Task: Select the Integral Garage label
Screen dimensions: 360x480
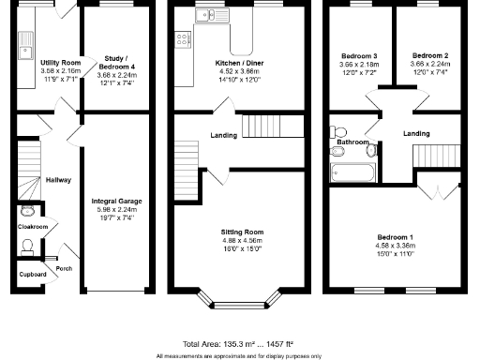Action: point(117,201)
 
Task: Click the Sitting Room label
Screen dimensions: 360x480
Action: point(242,231)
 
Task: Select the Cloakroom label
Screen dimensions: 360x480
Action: point(33,226)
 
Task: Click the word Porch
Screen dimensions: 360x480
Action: point(65,268)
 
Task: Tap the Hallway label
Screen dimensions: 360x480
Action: point(58,179)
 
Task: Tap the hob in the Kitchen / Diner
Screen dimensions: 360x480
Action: point(181,39)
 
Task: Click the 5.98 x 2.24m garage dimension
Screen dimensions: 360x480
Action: point(117,209)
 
